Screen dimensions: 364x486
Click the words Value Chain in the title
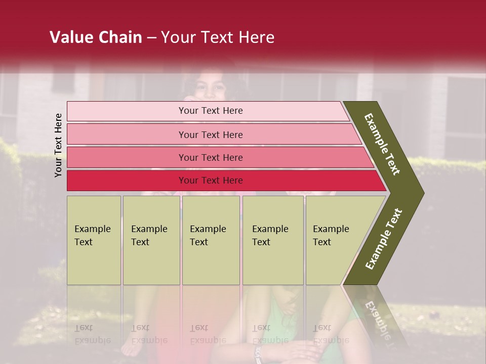pyautogui.click(x=96, y=37)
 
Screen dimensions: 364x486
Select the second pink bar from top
pyautogui.click(x=211, y=134)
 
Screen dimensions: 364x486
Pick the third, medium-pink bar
pyautogui.click(x=211, y=157)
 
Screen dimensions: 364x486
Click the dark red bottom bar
pyautogui.click(x=211, y=180)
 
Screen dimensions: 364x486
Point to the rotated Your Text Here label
pyautogui.click(x=58, y=146)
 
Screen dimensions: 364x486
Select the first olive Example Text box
pyautogui.click(x=94, y=240)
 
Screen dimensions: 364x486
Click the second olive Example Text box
pyautogui.click(x=151, y=240)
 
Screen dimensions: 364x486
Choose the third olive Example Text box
pyautogui.click(x=211, y=240)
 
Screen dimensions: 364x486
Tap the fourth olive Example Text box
pyautogui.click(x=273, y=240)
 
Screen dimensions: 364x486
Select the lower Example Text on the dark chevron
pyautogui.click(x=384, y=239)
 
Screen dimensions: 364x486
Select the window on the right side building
pyautogui.click(x=464, y=116)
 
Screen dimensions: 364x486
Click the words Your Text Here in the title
pyautogui.click(x=218, y=37)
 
